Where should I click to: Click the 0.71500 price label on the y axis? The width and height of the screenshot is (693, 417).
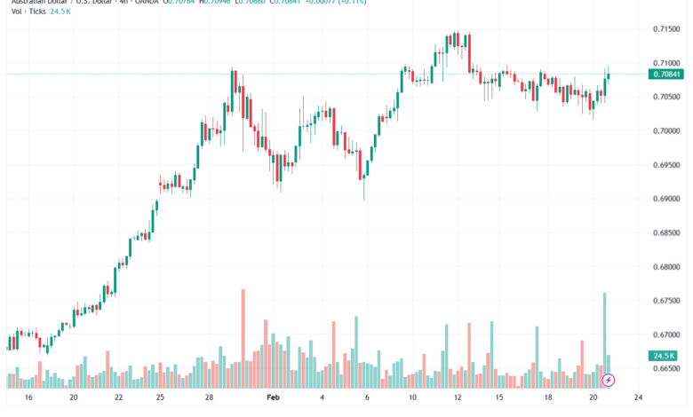pos(666,29)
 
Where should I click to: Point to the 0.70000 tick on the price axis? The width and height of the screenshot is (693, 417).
pos(666,131)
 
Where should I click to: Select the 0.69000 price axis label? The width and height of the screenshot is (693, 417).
pos(666,199)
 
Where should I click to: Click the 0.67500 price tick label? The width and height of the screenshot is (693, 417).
pos(666,301)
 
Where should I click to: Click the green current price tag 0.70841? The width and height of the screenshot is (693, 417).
pos(666,74)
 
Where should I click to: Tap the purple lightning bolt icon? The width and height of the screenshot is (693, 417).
pos(609,381)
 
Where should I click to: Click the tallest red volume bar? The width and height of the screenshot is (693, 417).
pos(243,337)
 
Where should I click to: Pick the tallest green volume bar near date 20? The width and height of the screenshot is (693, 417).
pos(605,337)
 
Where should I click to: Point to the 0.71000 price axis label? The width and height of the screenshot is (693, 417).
pos(666,64)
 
